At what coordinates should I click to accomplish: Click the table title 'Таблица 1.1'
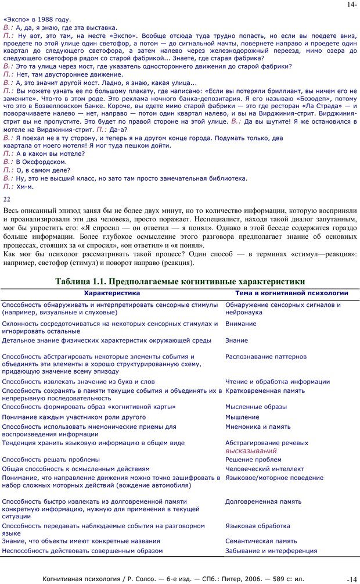coord(180,281)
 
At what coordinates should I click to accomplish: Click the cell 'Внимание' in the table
coord(241,324)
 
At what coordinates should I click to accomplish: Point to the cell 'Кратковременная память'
coord(265,391)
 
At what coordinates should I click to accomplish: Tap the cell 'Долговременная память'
coord(263,501)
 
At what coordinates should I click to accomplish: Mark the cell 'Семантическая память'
coord(261,541)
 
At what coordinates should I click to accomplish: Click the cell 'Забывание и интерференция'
coord(271,551)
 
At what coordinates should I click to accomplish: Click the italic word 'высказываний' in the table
coord(251,450)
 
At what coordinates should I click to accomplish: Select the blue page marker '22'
coord(7,198)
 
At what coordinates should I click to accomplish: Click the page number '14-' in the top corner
coord(352,4)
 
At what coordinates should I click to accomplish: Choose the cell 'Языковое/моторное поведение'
coord(274,478)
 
